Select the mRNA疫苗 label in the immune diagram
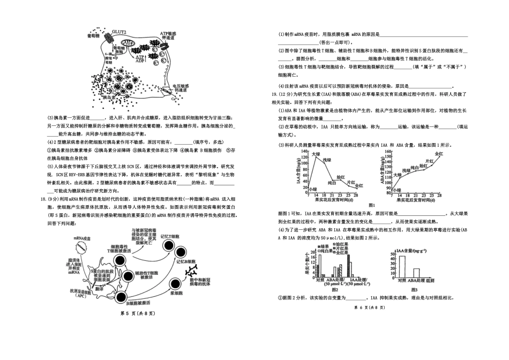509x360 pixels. (79, 237)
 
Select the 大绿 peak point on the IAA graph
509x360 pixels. (316, 159)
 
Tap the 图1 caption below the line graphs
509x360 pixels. (374, 205)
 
